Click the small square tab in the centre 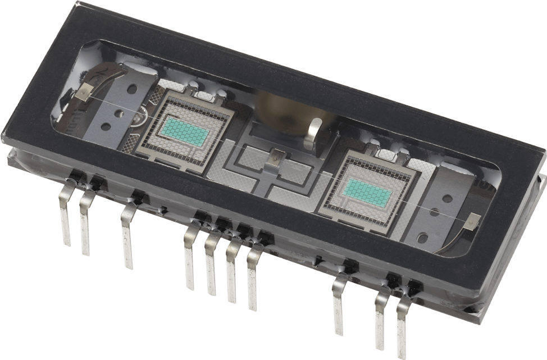[x=273, y=160]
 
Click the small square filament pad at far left [x=85, y=93]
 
